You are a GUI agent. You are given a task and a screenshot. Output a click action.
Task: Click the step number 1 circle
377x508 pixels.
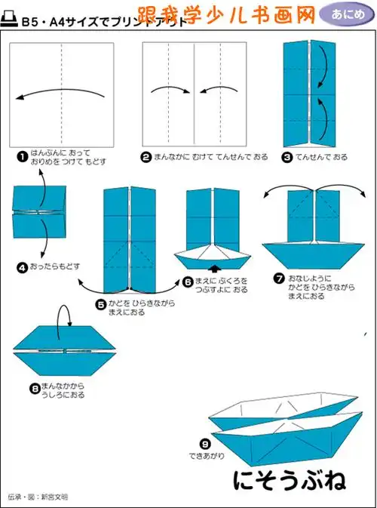(23, 156)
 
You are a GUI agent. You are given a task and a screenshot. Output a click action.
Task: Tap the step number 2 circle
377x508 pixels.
(146, 157)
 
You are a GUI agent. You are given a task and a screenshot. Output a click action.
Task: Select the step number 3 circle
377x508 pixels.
(287, 157)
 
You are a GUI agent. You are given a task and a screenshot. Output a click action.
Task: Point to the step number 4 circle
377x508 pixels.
(23, 266)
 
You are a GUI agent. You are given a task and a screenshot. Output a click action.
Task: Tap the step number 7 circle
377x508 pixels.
(279, 279)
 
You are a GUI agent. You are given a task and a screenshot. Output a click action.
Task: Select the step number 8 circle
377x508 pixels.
(34, 388)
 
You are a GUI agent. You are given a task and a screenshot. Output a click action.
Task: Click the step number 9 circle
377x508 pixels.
(204, 444)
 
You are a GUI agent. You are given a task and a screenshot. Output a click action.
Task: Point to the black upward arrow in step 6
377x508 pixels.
(216, 267)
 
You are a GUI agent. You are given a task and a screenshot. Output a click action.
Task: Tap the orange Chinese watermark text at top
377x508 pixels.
(226, 14)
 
